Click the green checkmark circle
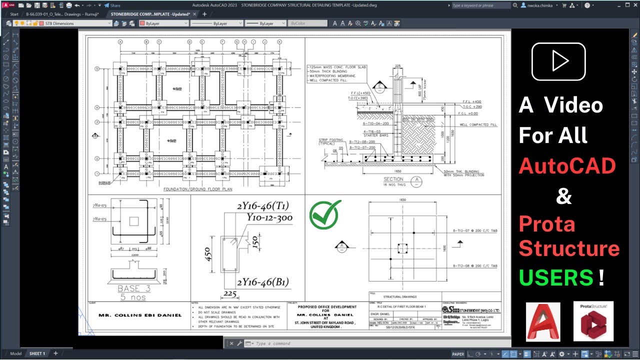click(x=325, y=215)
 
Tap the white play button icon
click(x=558, y=61)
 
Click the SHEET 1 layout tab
click(x=37, y=353)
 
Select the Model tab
click(x=15, y=353)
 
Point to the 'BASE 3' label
click(x=134, y=288)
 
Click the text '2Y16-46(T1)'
click(x=263, y=206)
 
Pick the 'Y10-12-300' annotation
click(x=269, y=217)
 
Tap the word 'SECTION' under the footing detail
click(x=393, y=179)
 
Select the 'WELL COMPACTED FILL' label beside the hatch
click(x=479, y=124)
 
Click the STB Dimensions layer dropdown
click(x=78, y=23)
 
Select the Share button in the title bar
click(x=112, y=5)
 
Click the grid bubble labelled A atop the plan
click(x=120, y=42)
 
